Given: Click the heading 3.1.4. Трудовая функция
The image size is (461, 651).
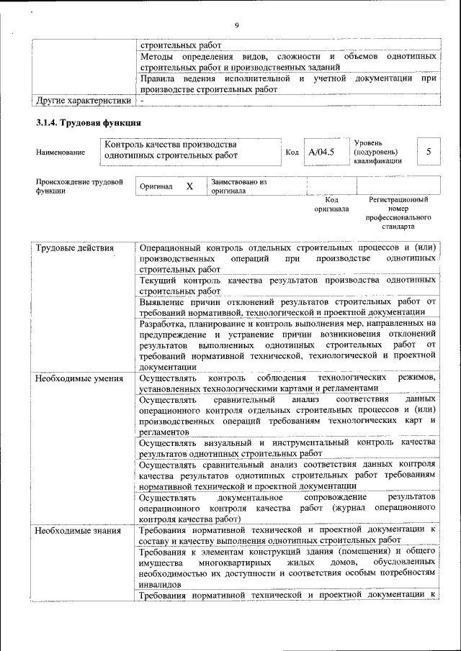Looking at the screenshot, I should pos(88,123).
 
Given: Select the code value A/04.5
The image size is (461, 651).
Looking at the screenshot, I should pos(321,152).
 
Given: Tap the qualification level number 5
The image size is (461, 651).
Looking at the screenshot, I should pos(429,152).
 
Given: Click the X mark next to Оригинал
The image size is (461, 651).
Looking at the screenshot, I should pos(189,186).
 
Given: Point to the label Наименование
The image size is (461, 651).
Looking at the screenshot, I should pos(61,152).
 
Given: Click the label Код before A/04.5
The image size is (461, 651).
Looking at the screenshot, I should pos(292,152).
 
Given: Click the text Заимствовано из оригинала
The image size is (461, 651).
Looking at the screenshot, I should pos(238,187).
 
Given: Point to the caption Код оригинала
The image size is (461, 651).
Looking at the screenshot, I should pos(331,204).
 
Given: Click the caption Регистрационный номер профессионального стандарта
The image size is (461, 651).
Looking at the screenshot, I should pos(398,213).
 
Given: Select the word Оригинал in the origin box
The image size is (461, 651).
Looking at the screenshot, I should pos(156,187).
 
